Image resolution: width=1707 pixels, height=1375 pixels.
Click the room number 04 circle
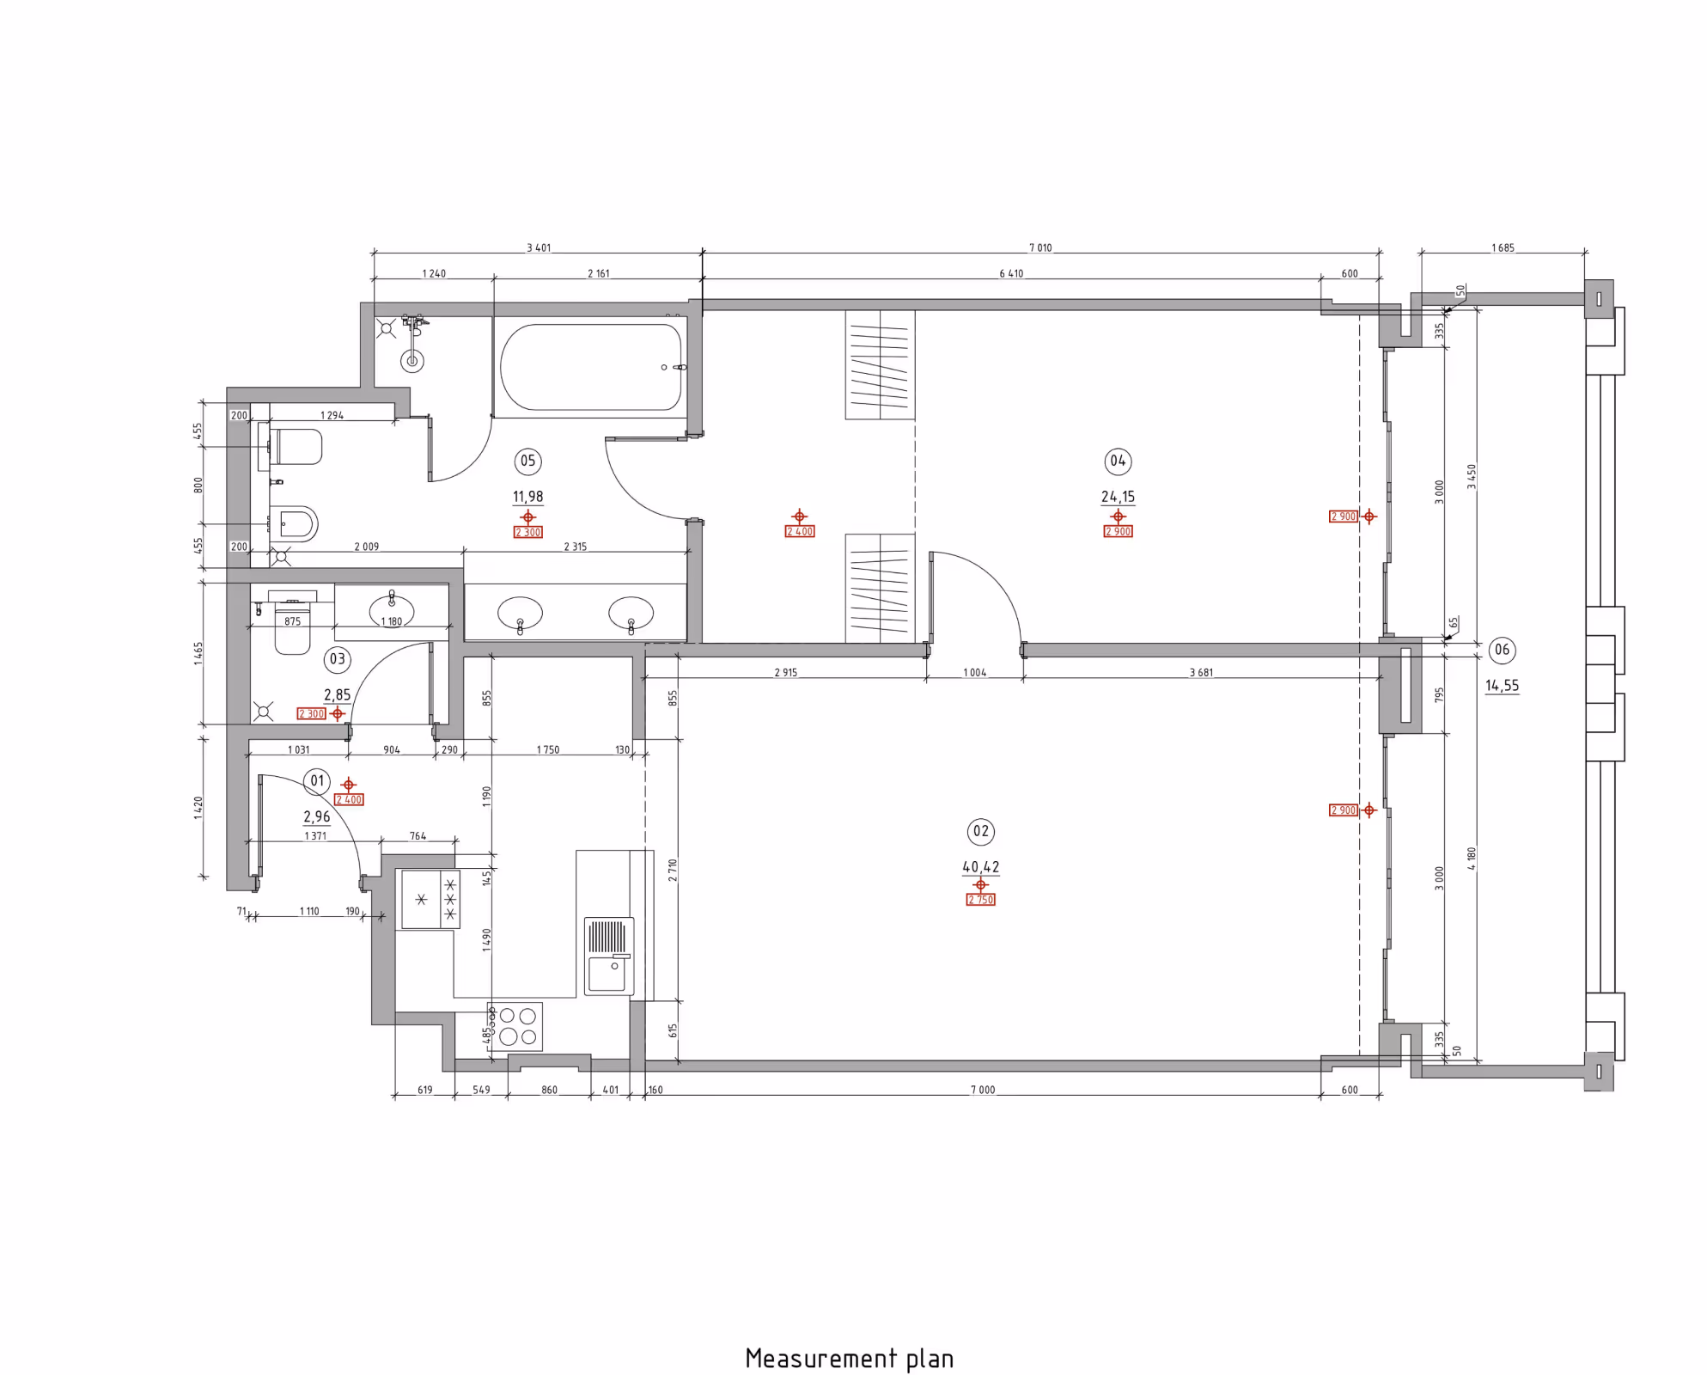pyautogui.click(x=1118, y=461)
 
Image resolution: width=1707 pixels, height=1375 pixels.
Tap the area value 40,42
pyautogui.click(x=980, y=867)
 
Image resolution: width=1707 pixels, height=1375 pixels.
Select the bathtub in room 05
pyautogui.click(x=592, y=367)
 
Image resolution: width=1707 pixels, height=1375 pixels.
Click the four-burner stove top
pyautogui.click(x=515, y=1026)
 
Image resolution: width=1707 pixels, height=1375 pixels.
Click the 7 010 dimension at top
pyautogui.click(x=1040, y=248)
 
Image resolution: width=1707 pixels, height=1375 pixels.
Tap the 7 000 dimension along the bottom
pyautogui.click(x=983, y=1090)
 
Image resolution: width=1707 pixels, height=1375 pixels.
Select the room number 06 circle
pyautogui.click(x=1502, y=650)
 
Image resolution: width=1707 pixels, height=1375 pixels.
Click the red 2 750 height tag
pyautogui.click(x=980, y=900)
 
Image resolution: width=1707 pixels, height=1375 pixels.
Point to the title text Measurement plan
pyautogui.click(x=850, y=1359)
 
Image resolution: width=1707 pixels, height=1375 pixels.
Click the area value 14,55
pyautogui.click(x=1502, y=686)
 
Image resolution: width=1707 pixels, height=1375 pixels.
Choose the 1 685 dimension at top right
pyautogui.click(x=1503, y=248)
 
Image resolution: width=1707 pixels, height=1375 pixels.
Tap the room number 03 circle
pyautogui.click(x=337, y=659)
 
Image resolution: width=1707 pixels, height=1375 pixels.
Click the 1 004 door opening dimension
pyautogui.click(x=974, y=673)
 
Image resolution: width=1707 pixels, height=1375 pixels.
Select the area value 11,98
pyautogui.click(x=527, y=497)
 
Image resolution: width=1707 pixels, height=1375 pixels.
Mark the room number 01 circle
pyautogui.click(x=317, y=781)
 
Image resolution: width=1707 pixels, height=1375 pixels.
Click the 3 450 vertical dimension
pyautogui.click(x=1472, y=477)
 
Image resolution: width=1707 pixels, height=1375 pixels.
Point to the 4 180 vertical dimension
pyautogui.click(x=1472, y=859)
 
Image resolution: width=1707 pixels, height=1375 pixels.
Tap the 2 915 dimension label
pyautogui.click(x=785, y=673)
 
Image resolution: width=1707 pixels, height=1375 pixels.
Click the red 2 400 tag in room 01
pyautogui.click(x=349, y=800)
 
